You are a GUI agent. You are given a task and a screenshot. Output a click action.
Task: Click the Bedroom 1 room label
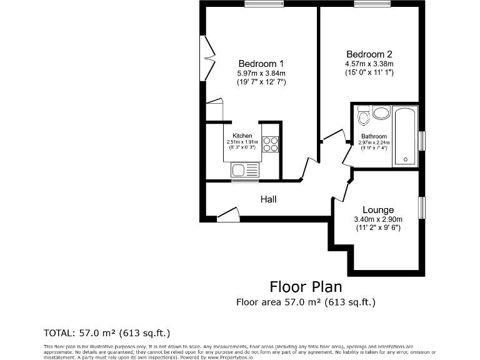[x=261, y=64]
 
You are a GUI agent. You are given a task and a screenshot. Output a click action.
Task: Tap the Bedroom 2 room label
[x=369, y=54]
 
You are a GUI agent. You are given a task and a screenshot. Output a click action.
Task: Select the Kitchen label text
[x=242, y=136]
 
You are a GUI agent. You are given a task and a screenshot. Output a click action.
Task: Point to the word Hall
[x=268, y=199]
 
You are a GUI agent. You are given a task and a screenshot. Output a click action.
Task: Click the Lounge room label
[x=378, y=210]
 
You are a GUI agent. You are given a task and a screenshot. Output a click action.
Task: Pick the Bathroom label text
[x=374, y=136]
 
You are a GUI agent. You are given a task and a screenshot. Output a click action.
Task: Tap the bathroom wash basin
[x=381, y=113]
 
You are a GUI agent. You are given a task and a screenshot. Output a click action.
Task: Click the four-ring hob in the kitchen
[x=270, y=144]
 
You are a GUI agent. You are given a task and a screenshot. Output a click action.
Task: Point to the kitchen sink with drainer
[x=244, y=169]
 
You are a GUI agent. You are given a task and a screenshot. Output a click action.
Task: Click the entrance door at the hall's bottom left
[x=228, y=214]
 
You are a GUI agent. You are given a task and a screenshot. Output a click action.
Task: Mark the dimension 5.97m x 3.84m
[x=261, y=73]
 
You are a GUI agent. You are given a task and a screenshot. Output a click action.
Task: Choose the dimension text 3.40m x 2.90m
[x=378, y=219]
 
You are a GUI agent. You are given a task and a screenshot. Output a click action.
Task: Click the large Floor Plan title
[x=306, y=287]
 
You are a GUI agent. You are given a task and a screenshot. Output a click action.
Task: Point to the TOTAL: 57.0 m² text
[x=106, y=332]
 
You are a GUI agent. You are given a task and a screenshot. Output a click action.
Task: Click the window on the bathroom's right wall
[x=422, y=141]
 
